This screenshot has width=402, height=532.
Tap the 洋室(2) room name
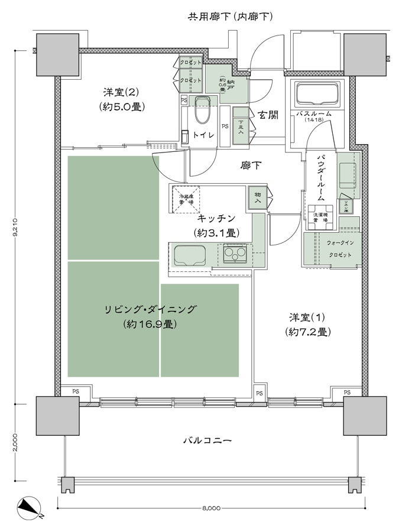click(122, 92)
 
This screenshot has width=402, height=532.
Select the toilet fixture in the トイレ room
click(202, 110)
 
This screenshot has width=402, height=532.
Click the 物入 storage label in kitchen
click(258, 197)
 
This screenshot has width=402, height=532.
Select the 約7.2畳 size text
click(306, 332)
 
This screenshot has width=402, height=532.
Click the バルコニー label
click(206, 440)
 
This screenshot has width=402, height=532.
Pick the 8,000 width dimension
click(210, 508)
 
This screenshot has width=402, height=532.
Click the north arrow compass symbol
click(29, 507)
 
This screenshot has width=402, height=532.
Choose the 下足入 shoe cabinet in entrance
click(241, 125)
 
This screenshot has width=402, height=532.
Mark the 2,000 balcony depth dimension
click(17, 442)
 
